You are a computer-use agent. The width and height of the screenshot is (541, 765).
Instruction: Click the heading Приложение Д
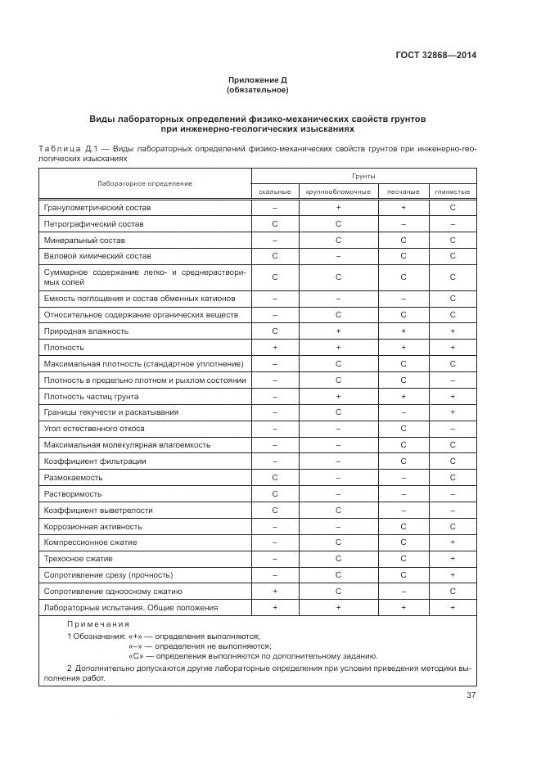click(257, 80)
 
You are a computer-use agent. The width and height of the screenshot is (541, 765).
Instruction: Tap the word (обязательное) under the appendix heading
click(257, 90)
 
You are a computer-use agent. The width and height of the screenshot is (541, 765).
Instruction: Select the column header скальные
click(275, 191)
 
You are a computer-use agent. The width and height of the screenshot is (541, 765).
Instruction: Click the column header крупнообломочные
click(338, 191)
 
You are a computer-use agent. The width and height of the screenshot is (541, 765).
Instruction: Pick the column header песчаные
click(403, 191)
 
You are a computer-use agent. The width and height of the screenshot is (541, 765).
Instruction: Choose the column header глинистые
click(453, 191)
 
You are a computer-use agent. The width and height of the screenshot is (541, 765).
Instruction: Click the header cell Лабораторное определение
click(145, 183)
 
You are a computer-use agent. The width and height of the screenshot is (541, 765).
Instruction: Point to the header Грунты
click(363, 176)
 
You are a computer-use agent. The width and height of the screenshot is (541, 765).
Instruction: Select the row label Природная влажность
click(86, 331)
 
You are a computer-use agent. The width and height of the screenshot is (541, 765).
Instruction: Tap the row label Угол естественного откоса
click(94, 428)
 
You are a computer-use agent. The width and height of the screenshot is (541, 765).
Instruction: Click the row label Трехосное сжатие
click(79, 558)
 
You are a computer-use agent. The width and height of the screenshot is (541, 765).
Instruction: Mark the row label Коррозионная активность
click(93, 526)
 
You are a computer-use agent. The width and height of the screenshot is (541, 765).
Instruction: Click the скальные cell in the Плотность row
click(275, 347)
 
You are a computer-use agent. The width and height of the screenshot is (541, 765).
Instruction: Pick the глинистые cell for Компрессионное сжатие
click(453, 542)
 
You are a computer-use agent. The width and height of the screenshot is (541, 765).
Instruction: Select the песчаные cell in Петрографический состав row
click(403, 223)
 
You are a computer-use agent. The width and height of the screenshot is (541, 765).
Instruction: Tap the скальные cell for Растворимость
click(275, 493)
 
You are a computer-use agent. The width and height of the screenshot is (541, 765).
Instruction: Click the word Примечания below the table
click(94, 623)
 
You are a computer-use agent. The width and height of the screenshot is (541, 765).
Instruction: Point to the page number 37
click(471, 695)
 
